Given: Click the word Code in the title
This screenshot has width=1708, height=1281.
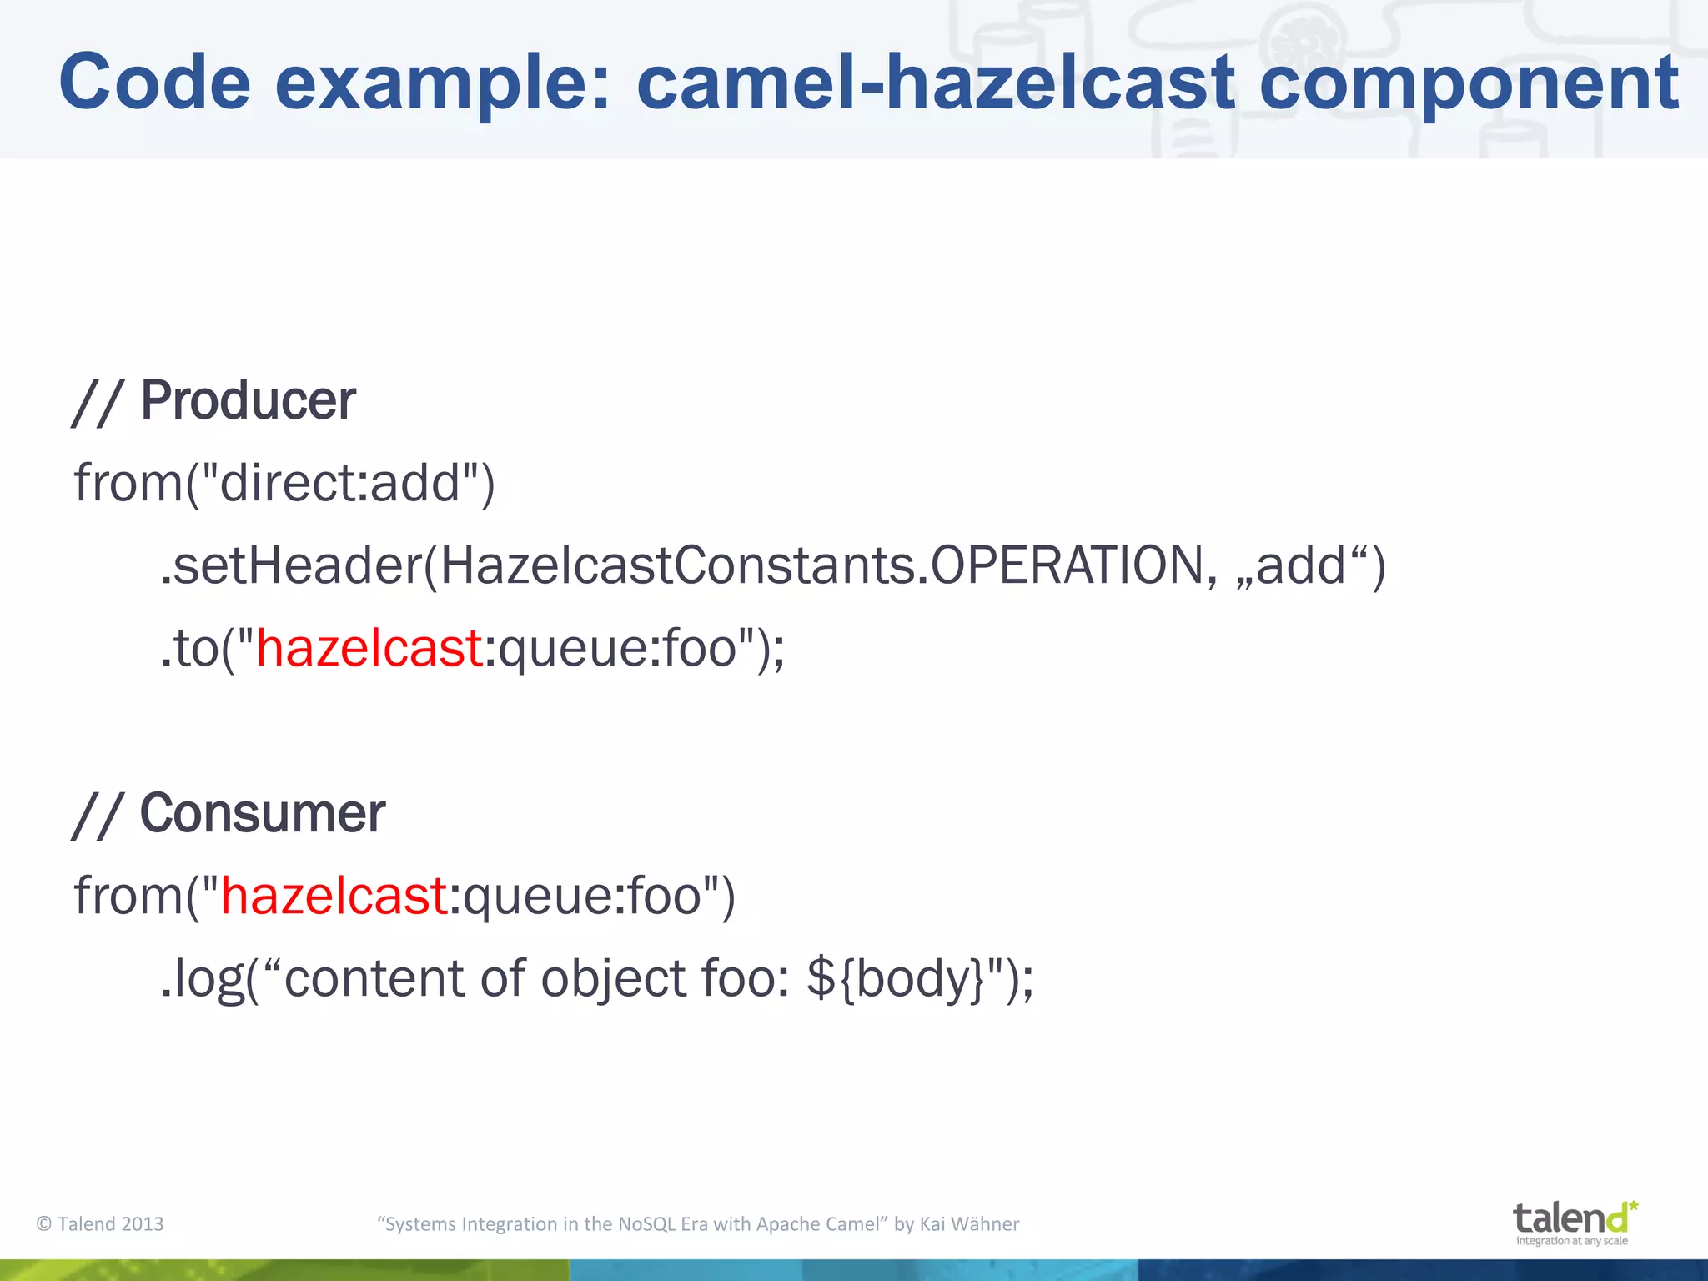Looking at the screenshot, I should [154, 82].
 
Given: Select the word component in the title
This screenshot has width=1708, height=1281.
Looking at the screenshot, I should [1469, 82].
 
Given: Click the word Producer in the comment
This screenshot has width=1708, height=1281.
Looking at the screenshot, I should [248, 400].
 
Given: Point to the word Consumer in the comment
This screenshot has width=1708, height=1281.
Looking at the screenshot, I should [262, 813].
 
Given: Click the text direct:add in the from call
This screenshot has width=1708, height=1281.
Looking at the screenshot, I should [340, 482].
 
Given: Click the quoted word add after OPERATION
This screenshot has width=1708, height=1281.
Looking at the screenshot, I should [1300, 565].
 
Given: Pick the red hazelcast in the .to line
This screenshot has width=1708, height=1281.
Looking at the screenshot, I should [369, 648].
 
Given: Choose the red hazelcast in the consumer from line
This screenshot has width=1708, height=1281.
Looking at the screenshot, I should [334, 896].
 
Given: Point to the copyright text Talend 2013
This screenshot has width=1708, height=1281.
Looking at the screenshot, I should [100, 1223].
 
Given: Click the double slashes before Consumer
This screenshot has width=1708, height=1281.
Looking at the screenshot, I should [98, 816].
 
